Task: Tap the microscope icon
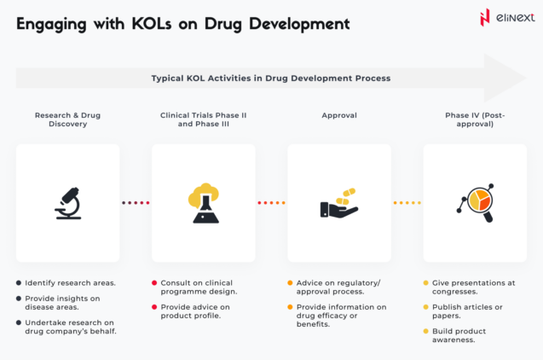[67, 203]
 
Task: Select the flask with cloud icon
[203, 203]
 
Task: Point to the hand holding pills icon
[338, 204]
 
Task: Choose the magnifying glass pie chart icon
[475, 204]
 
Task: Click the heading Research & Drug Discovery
[68, 119]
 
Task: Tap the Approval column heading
[339, 114]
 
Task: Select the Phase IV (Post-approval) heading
[475, 119]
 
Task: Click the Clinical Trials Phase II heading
[203, 114]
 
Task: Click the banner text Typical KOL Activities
[270, 78]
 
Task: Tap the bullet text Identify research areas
[71, 282]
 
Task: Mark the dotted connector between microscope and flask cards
[136, 203]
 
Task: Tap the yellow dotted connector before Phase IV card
[407, 203]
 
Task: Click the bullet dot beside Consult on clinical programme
[154, 282]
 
